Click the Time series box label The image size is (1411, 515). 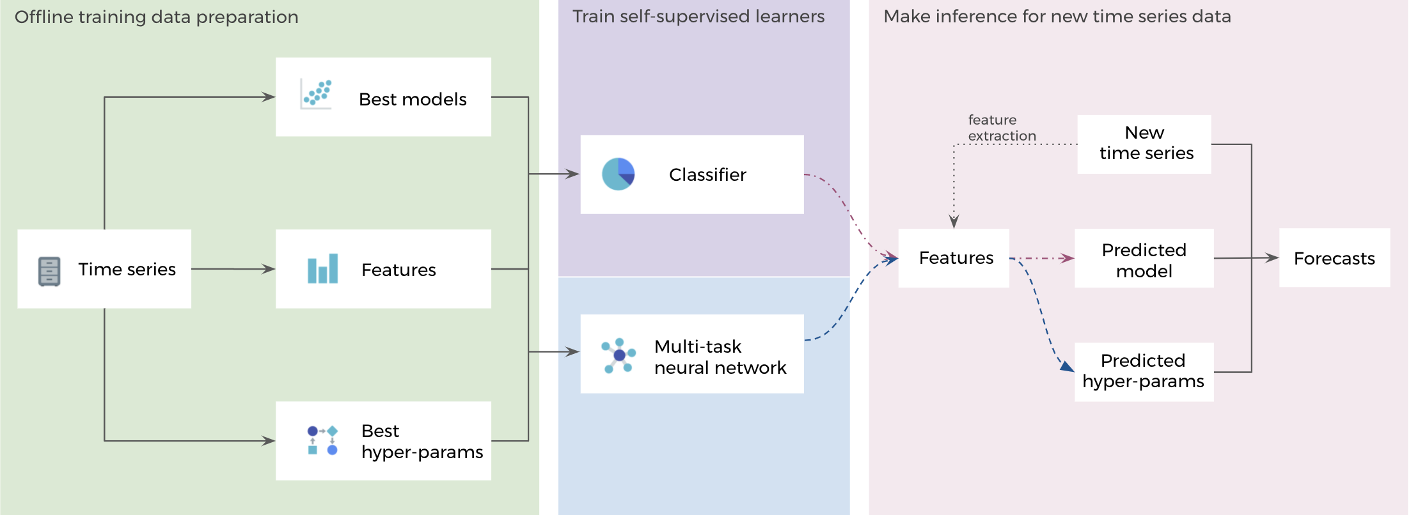[x=127, y=269]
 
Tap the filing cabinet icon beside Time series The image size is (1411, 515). [x=49, y=271]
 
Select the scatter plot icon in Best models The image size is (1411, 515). [x=317, y=94]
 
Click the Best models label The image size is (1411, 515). [x=413, y=99]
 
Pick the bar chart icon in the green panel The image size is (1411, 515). [x=322, y=269]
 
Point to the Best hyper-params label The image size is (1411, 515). [x=422, y=441]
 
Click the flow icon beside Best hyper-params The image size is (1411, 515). [x=322, y=440]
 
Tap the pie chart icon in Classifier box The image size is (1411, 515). [x=618, y=174]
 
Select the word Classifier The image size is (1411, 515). [x=707, y=174]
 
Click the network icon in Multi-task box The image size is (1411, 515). [x=619, y=355]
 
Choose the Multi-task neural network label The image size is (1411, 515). [x=720, y=357]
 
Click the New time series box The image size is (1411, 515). [x=1144, y=144]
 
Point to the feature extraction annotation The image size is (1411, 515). [x=1001, y=128]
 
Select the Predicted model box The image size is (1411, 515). [x=1144, y=259]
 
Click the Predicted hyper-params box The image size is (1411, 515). [x=1144, y=371]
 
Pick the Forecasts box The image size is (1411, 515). [x=1334, y=258]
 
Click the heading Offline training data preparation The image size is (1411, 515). [x=157, y=17]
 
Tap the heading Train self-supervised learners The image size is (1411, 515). [x=698, y=16]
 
